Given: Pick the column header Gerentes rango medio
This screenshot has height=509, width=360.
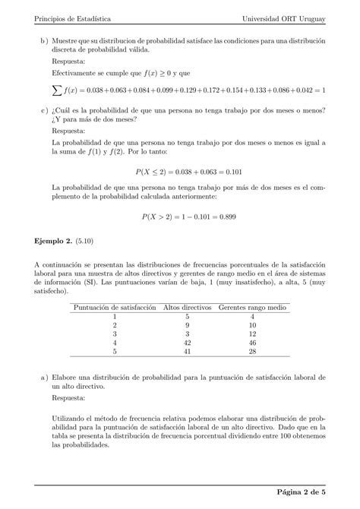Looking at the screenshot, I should [252, 308].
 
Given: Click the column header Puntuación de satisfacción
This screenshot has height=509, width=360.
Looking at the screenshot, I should [113, 308].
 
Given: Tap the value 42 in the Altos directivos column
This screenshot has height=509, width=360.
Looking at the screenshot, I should [187, 343].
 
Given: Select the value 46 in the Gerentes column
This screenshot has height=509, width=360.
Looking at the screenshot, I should [253, 343].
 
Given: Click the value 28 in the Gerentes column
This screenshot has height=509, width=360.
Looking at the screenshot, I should [253, 352].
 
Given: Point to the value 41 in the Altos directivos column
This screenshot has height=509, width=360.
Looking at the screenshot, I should [187, 352].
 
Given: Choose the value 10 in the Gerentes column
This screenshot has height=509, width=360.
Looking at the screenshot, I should [253, 325].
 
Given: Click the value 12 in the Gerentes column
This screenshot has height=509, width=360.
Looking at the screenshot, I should [253, 334].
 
